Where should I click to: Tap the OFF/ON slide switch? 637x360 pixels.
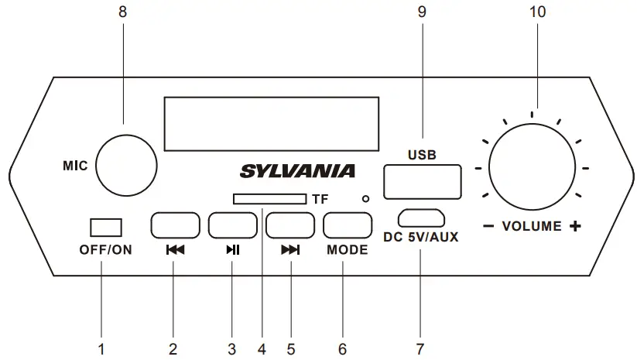point(105,228)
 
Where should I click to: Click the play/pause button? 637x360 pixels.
point(231,225)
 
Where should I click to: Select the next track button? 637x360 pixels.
point(289,225)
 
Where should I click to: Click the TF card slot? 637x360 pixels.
point(268,199)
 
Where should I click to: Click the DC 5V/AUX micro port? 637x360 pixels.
point(421,217)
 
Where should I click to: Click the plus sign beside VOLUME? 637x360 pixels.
point(575,228)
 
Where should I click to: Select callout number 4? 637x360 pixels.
point(262,348)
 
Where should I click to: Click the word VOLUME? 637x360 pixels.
point(532,228)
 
